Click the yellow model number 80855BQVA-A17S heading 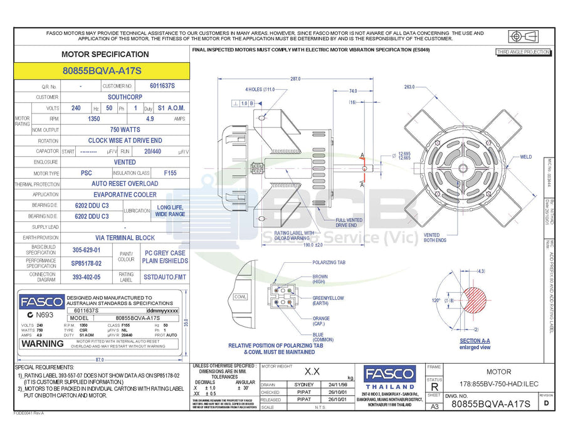click(x=102, y=71)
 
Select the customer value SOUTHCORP click(x=125, y=97)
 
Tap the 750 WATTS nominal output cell click(x=125, y=129)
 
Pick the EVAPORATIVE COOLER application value click(x=125, y=194)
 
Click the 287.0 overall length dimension click(x=295, y=79)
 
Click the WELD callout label click(x=525, y=157)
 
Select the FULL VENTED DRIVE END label click(x=349, y=222)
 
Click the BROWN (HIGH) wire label click(x=320, y=279)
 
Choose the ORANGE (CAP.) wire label click(x=322, y=321)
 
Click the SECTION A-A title click(x=475, y=341)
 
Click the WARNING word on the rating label click(x=43, y=344)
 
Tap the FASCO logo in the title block click(x=389, y=374)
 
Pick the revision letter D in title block click(x=546, y=404)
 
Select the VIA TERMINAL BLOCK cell click(x=125, y=238)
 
